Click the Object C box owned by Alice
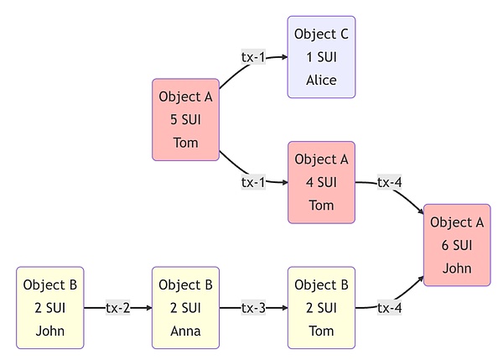(322, 57)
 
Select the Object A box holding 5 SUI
(185, 120)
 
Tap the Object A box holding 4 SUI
(321, 182)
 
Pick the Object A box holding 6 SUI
(457, 245)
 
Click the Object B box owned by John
(49, 308)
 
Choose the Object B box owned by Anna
(185, 308)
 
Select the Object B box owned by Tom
(321, 308)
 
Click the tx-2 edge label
(117, 308)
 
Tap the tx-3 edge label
(253, 308)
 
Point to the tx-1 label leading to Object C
(253, 57)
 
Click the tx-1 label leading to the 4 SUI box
(253, 182)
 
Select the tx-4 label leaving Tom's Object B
(389, 308)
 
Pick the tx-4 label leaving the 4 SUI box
(389, 182)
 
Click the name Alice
(322, 81)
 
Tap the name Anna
(185, 331)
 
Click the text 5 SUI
(185, 120)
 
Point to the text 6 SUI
(457, 245)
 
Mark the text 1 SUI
(322, 57)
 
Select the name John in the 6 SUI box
(457, 269)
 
